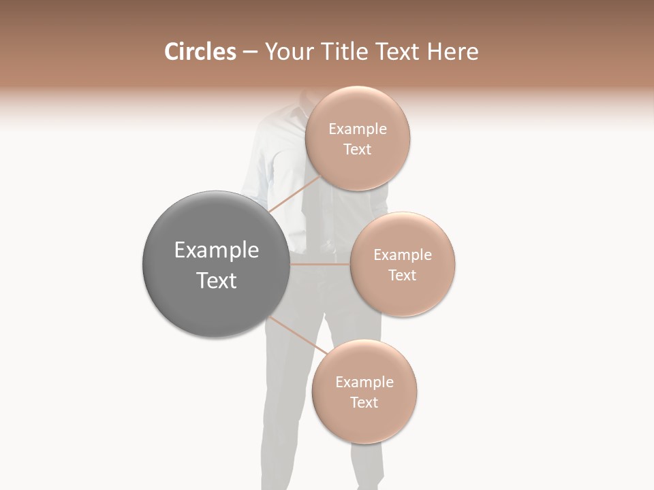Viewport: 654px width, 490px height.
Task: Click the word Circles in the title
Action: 200,52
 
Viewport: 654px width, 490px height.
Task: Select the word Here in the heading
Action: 453,52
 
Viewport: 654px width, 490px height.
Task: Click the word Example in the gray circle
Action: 216,250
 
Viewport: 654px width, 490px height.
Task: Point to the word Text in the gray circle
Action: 216,280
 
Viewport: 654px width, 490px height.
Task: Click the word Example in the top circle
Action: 358,129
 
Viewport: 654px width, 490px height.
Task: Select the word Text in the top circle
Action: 358,150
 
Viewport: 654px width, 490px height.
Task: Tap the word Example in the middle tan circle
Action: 403,255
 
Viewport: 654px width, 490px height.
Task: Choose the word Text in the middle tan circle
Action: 403,276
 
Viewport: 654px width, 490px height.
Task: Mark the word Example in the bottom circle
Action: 364,382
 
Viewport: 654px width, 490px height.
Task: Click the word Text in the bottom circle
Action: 364,403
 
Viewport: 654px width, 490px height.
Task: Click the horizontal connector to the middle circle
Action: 320,264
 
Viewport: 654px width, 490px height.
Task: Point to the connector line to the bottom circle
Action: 297,335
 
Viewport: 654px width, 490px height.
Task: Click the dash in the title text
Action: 250,52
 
